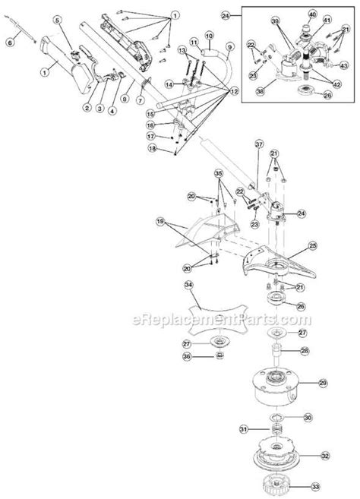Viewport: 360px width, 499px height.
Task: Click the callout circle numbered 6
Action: click(x=9, y=44)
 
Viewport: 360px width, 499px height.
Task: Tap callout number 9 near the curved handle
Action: click(x=229, y=47)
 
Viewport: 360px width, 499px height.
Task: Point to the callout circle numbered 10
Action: click(x=209, y=36)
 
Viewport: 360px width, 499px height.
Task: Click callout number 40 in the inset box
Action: click(x=311, y=15)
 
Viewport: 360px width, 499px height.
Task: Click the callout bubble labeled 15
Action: click(x=172, y=112)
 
